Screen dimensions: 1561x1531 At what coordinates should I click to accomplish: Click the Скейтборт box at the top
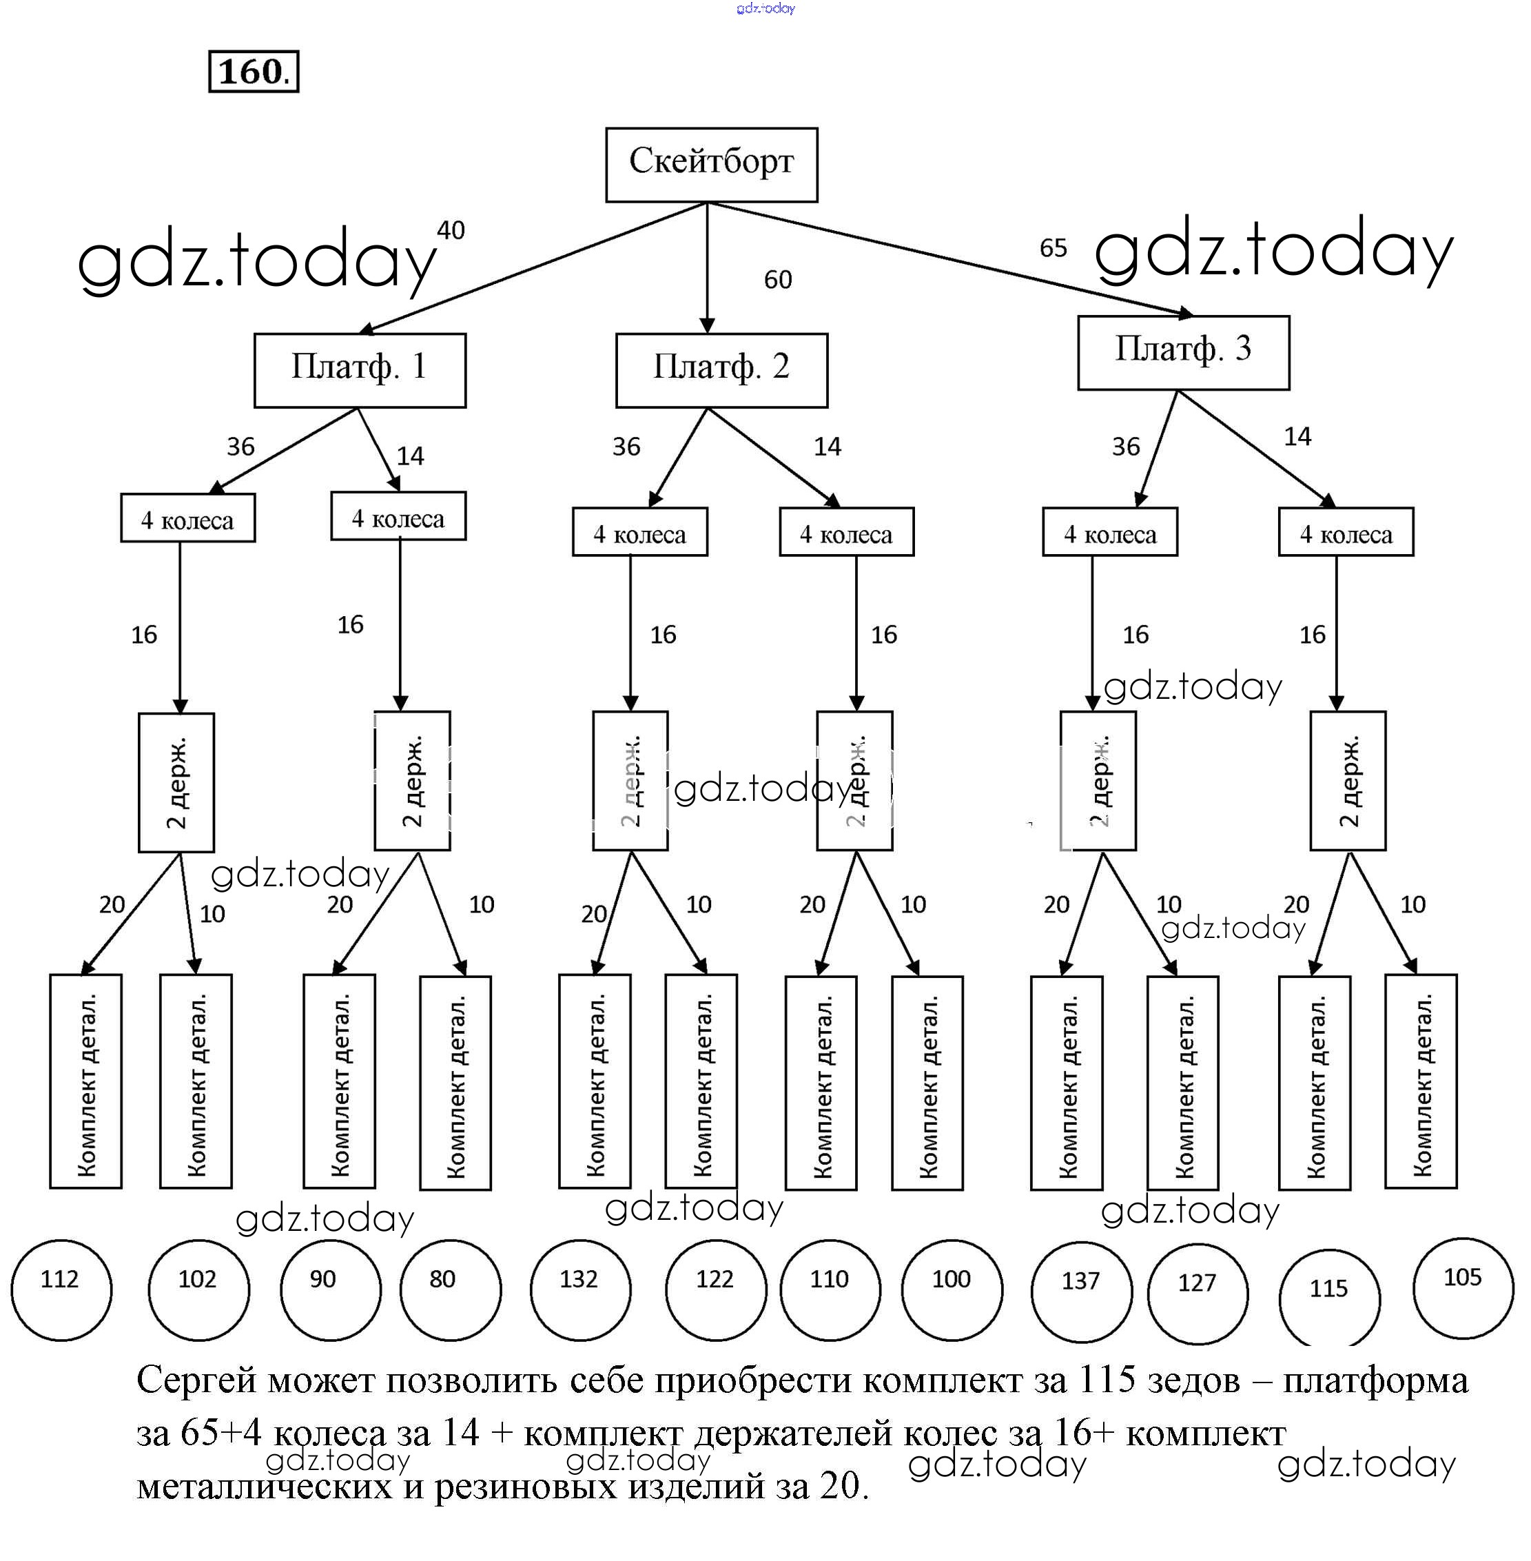coord(711,164)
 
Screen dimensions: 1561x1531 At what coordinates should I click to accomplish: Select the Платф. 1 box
coord(360,370)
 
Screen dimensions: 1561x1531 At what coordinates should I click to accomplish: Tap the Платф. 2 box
coord(721,370)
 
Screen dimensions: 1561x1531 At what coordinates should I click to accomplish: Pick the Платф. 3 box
coord(1183,352)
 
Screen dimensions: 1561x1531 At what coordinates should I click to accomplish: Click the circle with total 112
coord(61,1289)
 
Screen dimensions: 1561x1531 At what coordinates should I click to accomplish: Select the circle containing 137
coord(1082,1291)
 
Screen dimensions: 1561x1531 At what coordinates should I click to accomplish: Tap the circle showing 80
coord(451,1289)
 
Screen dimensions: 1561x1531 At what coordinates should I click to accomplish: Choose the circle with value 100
coord(952,1289)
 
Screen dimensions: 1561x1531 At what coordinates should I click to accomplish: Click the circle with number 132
coord(579,1289)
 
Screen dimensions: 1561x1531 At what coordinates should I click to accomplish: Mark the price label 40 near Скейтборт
coord(451,231)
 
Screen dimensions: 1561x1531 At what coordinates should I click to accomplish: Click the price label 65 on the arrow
coord(1053,247)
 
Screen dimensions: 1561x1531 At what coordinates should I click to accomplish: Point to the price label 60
coord(778,280)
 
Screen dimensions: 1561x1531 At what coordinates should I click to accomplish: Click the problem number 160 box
coord(254,72)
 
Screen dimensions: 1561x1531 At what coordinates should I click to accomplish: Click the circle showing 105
coord(1463,1287)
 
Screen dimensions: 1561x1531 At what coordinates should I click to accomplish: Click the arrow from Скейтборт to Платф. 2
coord(707,265)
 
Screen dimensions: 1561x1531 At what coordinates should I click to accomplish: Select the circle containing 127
coord(1198,1293)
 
